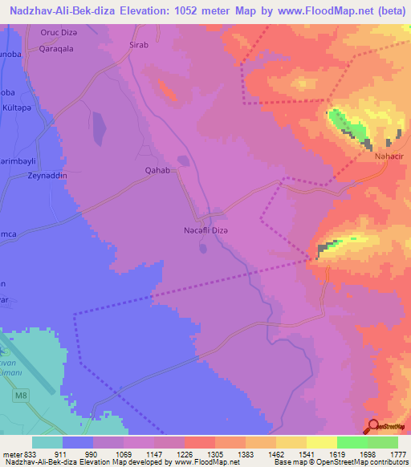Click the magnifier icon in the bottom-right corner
pos(373,426)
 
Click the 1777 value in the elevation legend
pos(395,453)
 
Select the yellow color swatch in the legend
pos(321,442)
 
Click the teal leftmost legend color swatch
pos(47,442)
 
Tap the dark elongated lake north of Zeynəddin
pos(98,126)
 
